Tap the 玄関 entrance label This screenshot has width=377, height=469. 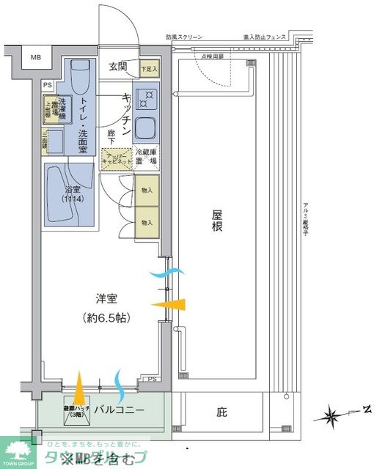pos(118,67)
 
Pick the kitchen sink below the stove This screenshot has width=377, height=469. pos(146,129)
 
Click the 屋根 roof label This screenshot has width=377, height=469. pos(217,221)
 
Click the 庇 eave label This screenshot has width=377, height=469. pos(222,413)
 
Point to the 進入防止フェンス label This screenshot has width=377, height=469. pos(263,37)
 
